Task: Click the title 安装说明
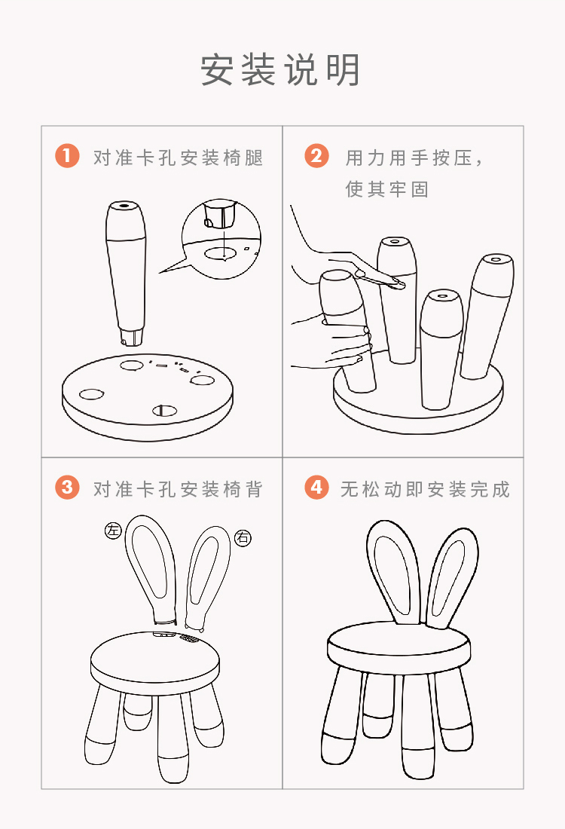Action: (281, 71)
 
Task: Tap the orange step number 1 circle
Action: (67, 156)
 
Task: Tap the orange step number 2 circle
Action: (316, 156)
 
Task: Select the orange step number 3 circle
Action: (67, 487)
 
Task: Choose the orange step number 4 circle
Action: (316, 487)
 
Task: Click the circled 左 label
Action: (113, 531)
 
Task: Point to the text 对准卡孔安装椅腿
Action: (178, 158)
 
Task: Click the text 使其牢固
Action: (387, 189)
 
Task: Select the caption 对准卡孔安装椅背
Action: (178, 489)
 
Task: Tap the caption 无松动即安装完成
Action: (425, 489)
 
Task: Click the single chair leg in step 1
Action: (125, 271)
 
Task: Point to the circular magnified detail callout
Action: (221, 237)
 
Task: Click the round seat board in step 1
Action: (147, 396)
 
